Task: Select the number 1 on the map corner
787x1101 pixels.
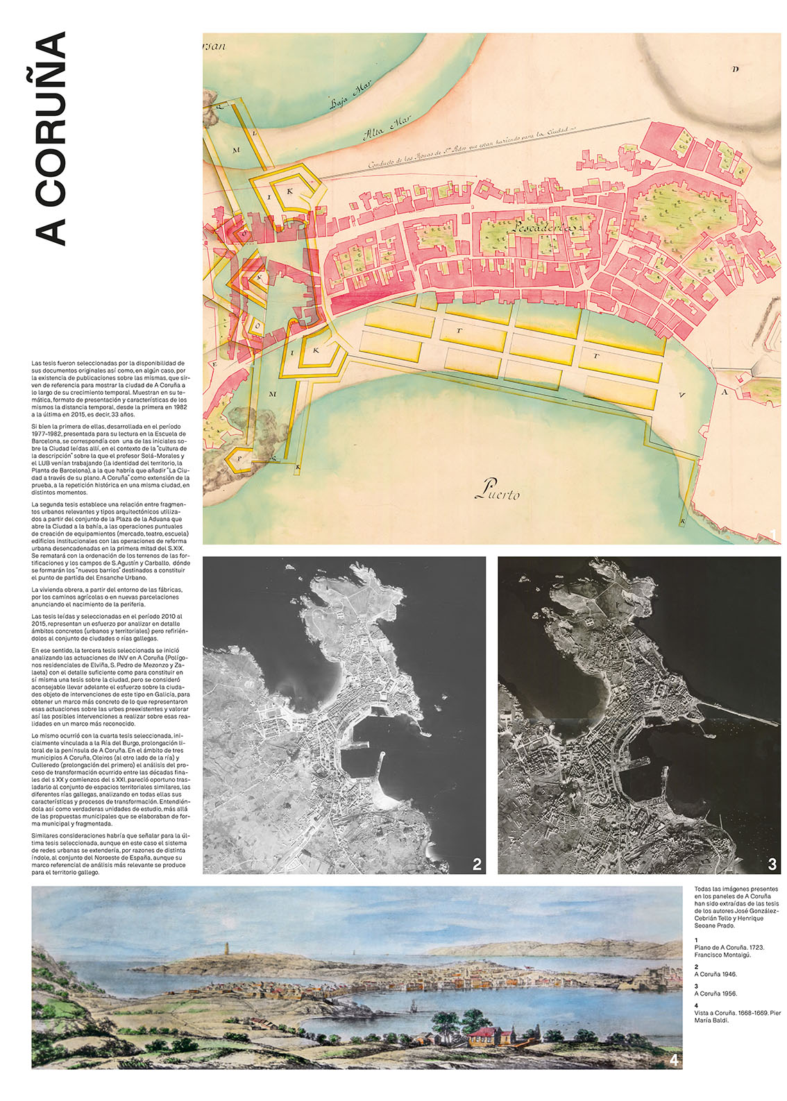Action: (772, 534)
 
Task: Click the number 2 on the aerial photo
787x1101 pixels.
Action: (477, 864)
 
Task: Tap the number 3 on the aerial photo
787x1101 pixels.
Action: (772, 864)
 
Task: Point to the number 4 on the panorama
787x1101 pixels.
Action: (673, 1061)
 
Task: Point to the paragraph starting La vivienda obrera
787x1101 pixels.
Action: (105, 597)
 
